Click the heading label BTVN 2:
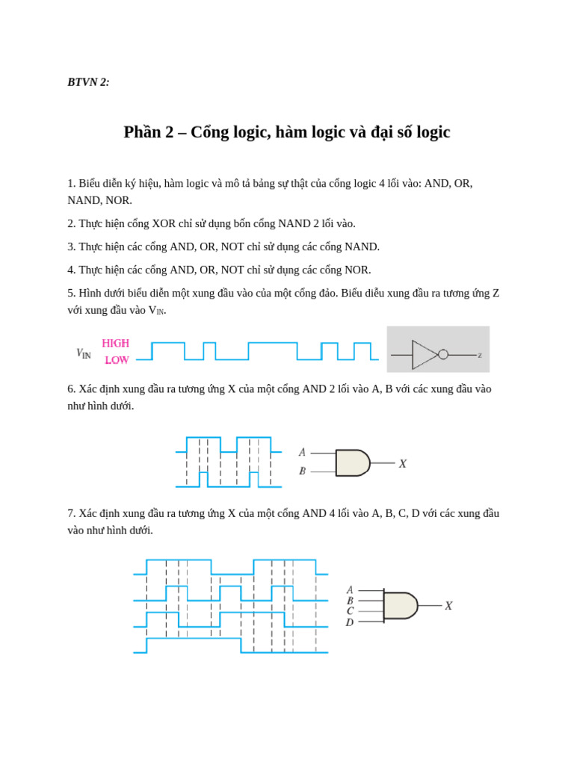[88, 82]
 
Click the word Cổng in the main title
[209, 132]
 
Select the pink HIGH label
[116, 344]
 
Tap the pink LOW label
[117, 360]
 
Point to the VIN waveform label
[83, 353]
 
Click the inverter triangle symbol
[424, 355]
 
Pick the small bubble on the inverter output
[443, 355]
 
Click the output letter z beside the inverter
[480, 356]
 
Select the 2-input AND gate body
[352, 463]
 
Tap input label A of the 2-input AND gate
[302, 453]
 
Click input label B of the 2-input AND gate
[302, 471]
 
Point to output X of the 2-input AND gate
[402, 464]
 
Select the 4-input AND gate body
[400, 606]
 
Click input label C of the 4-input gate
[350, 611]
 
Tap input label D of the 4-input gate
[350, 622]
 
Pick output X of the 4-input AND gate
[448, 606]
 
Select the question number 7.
[71, 513]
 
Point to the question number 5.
[71, 293]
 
